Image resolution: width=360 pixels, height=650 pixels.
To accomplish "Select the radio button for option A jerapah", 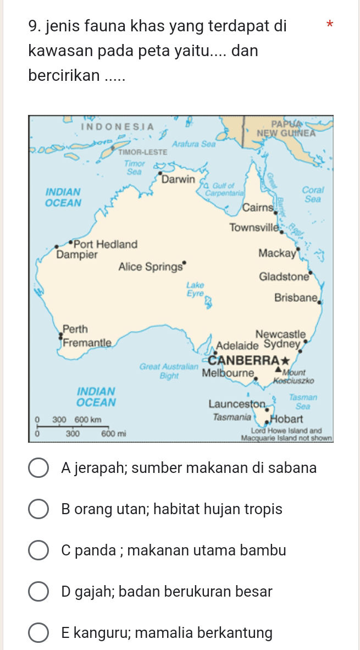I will click(x=38, y=468).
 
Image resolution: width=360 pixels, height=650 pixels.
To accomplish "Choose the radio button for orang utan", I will click(x=38, y=509).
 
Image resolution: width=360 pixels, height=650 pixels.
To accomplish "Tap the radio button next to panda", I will click(x=38, y=550).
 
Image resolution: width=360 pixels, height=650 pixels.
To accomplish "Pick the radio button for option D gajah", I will click(x=38, y=592).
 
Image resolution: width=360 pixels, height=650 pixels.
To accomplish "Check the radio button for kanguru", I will click(x=38, y=633).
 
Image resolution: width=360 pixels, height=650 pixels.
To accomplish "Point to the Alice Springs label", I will click(x=150, y=267).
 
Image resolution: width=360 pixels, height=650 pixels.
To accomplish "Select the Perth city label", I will click(x=75, y=329).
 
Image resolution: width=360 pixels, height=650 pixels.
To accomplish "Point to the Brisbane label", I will click(x=296, y=298).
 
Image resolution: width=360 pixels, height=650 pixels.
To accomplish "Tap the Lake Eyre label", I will click(x=195, y=289).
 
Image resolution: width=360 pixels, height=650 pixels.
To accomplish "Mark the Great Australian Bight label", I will click(x=168, y=370).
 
